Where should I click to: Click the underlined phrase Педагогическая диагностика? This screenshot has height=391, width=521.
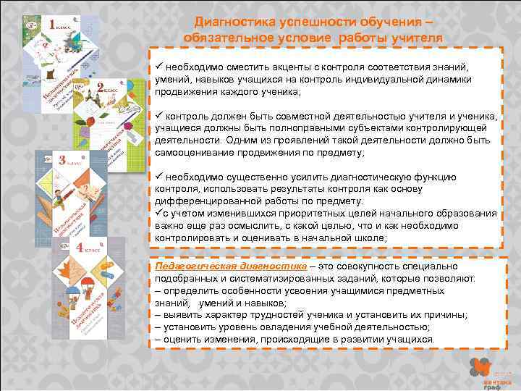[211, 266]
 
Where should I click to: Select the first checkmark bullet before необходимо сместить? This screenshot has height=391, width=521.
[158, 67]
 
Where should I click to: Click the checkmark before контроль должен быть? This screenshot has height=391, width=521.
[158, 117]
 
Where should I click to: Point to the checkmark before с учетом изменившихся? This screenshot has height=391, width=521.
[158, 214]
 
